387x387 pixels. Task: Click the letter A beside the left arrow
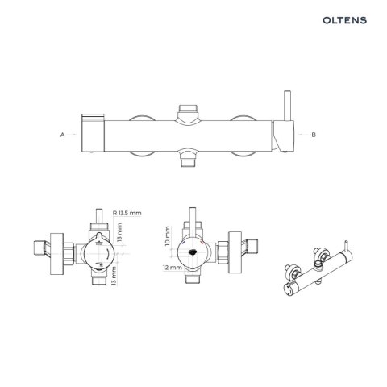[x=62, y=135]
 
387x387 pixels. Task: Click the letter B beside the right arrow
[x=314, y=135]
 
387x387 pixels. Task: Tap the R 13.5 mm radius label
[x=127, y=212]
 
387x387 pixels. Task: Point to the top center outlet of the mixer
[x=188, y=109]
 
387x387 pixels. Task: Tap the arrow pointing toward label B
[x=300, y=135]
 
